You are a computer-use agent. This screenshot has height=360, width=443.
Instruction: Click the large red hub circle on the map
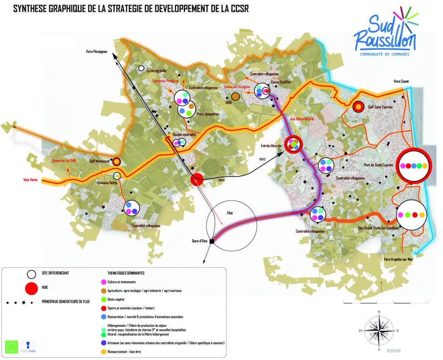pyautogui.click(x=197, y=179)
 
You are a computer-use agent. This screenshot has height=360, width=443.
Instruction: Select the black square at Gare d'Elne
pyautogui.click(x=212, y=241)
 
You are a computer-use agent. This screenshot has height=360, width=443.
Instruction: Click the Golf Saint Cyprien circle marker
pyautogui.click(x=358, y=106)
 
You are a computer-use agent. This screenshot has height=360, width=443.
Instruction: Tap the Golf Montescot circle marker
pyautogui.click(x=116, y=161)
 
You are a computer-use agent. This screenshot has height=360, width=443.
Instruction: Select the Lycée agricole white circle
pyautogui.click(x=141, y=68)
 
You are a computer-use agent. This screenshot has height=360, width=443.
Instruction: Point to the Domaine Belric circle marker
pyautogui.click(x=117, y=176)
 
